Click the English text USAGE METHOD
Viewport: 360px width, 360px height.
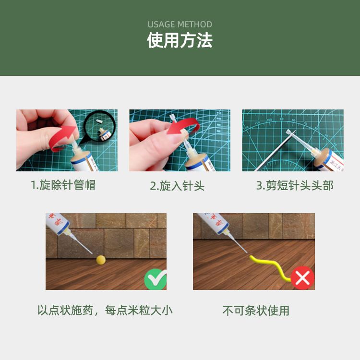180,24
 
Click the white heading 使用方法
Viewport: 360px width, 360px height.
180,40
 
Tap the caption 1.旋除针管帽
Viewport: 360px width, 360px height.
63,185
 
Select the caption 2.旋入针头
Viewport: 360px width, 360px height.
177,186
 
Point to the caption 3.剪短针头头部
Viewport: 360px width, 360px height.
295,185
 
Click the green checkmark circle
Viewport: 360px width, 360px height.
155,279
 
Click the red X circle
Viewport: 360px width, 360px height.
302,278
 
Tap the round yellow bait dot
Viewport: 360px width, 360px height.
101,260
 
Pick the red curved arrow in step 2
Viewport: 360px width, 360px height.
184,126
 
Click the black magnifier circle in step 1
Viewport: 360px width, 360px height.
99,127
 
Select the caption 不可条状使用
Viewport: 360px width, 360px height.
256,311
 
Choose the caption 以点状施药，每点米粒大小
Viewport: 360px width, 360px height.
105,311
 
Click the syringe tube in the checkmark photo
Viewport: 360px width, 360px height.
57,223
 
